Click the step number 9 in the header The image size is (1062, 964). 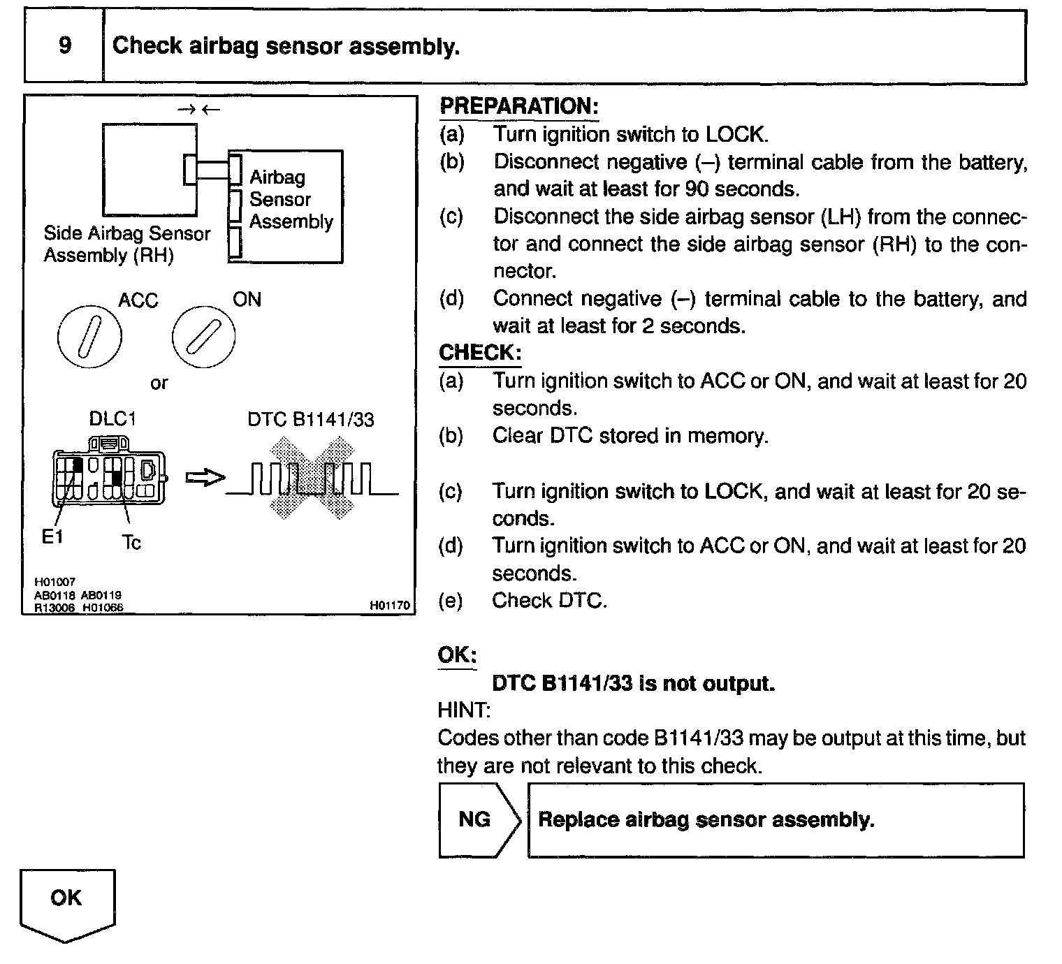click(64, 46)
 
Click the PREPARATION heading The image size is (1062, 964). click(518, 106)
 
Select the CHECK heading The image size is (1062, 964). click(479, 353)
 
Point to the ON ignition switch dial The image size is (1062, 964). click(203, 336)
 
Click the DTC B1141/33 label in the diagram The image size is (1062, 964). click(311, 419)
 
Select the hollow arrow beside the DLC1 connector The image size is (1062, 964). click(205, 478)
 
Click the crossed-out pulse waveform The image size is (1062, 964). click(312, 479)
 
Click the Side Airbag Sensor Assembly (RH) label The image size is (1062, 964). click(126, 244)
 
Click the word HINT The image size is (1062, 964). click(464, 710)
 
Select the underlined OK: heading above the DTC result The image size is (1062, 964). click(457, 655)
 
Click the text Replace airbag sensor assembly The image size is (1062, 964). click(706, 819)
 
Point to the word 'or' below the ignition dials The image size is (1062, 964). click(159, 383)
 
